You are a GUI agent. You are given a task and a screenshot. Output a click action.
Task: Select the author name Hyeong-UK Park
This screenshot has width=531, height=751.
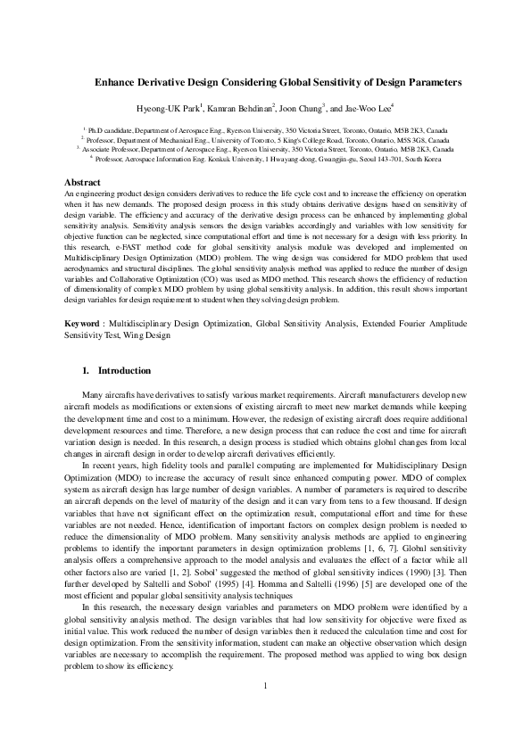(174, 108)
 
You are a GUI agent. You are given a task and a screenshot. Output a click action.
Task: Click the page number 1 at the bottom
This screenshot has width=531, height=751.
(265, 710)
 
